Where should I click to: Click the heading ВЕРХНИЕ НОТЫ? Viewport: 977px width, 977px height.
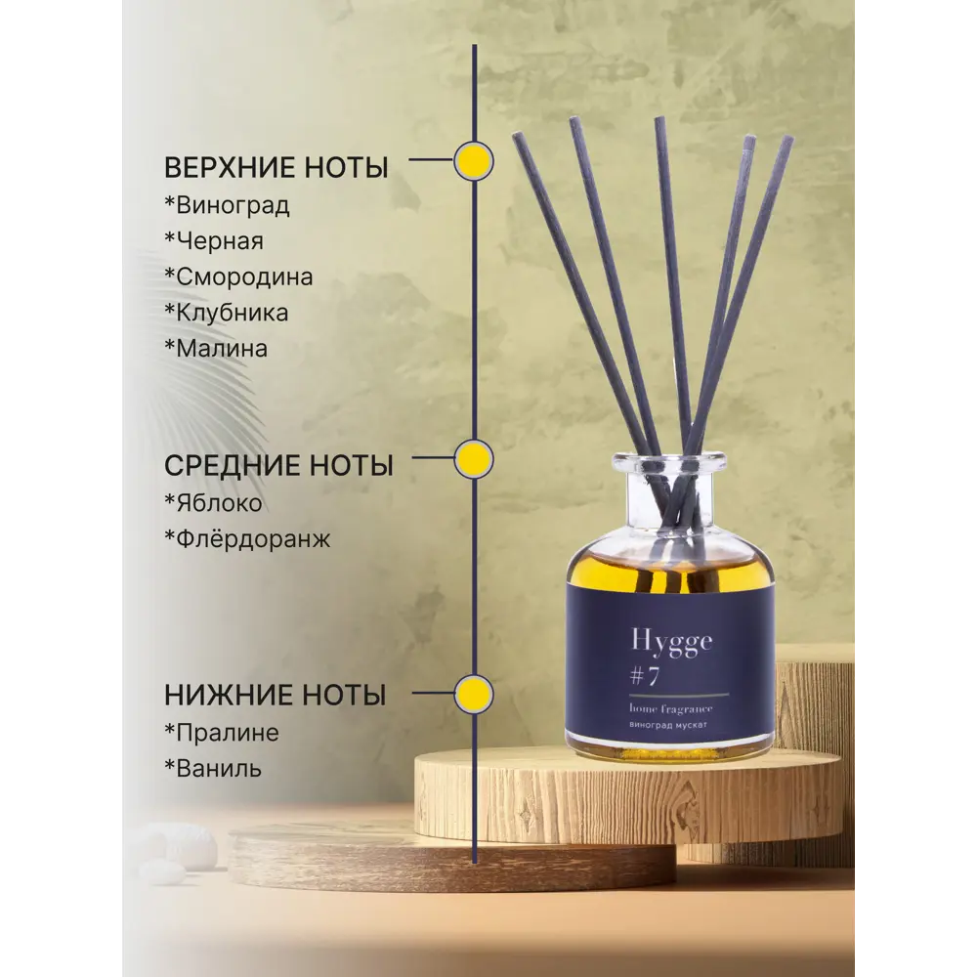point(276,167)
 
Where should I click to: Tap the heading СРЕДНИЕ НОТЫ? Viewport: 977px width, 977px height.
point(278,466)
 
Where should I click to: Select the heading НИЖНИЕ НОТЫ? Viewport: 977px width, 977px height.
point(275,696)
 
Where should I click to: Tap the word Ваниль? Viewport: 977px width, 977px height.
point(218,768)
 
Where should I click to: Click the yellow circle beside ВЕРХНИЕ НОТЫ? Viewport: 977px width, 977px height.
point(474,161)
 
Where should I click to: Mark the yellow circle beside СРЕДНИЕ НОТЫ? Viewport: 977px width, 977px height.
point(474,458)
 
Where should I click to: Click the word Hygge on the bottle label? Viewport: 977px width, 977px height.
point(671,642)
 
